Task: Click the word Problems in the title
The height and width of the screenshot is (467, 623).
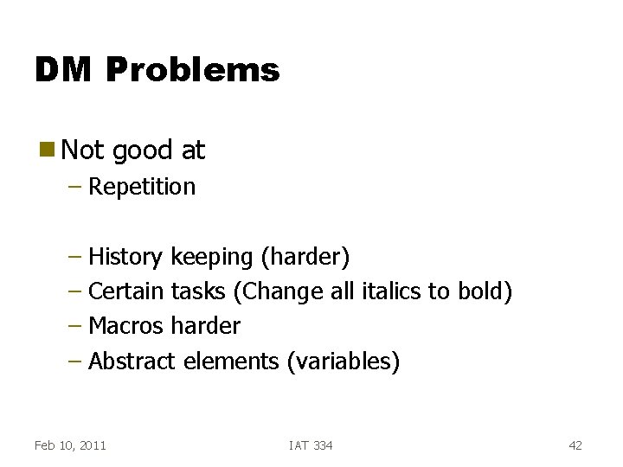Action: [193, 70]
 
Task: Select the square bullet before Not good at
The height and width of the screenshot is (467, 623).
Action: [46, 150]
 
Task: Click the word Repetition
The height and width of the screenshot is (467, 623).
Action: [142, 187]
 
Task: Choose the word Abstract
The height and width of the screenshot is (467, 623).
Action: [132, 361]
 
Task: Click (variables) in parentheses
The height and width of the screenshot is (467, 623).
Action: [343, 361]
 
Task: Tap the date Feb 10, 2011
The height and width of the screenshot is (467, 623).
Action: [70, 445]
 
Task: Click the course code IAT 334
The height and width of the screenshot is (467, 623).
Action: [311, 445]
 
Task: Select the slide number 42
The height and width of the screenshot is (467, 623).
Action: [575, 445]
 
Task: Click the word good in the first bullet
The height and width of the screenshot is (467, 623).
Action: [141, 150]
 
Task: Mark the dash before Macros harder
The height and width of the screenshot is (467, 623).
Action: [75, 326]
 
